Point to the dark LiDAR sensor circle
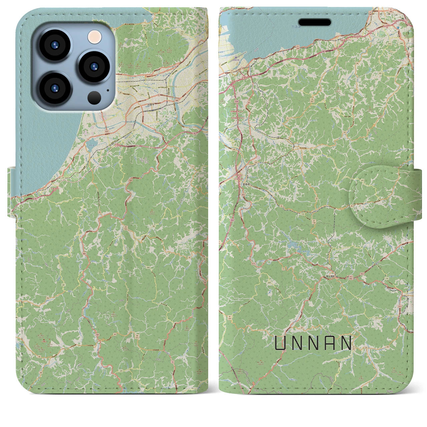coord(94,97)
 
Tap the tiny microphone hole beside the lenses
coord(108,89)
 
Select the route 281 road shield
coord(63,285)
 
